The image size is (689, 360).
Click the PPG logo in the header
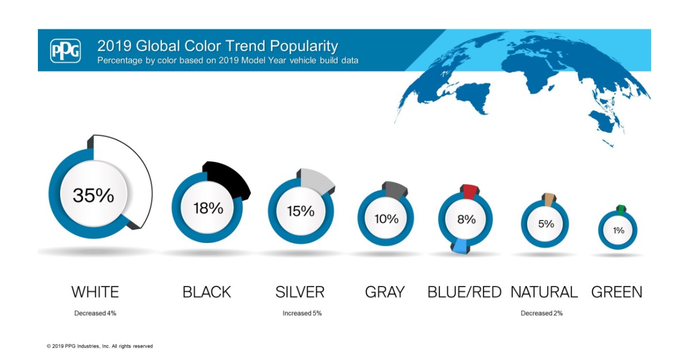[65, 51]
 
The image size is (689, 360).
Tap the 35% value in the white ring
[93, 195]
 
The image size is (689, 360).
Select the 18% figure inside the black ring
[208, 208]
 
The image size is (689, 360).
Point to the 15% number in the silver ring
[301, 211]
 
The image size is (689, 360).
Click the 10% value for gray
[386, 219]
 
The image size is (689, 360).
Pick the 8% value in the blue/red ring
[466, 219]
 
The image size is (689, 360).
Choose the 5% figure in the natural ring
[545, 223]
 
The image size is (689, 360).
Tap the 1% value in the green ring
[618, 230]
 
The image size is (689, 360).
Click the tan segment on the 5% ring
[548, 199]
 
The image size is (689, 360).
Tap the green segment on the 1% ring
[620, 208]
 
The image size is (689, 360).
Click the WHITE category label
[95, 292]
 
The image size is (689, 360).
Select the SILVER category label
[300, 292]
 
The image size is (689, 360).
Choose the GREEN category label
[617, 292]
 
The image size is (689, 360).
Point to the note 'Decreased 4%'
[95, 313]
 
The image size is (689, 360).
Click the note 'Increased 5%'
[302, 313]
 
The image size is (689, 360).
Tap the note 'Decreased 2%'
[541, 313]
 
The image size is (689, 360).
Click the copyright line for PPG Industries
[100, 346]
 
